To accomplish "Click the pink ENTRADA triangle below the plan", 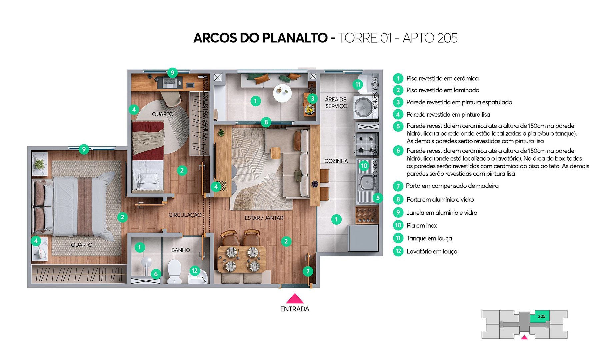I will pos(295,299).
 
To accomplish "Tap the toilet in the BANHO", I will pos(174,271).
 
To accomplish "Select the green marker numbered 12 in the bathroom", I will pos(195,271).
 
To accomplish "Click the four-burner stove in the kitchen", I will pos(366,144).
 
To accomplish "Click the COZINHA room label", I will pos(336,161).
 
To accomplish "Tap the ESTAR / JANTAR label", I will pos(264,218).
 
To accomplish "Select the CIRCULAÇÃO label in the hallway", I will pos(185,215).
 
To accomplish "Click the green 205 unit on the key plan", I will pos(542,316).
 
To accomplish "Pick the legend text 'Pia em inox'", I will pos(422,226).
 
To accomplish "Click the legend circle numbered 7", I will pos(398,186).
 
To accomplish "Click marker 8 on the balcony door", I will pos(266,122).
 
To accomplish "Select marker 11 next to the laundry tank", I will pos(358,84).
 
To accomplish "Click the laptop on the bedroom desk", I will pos(171,82).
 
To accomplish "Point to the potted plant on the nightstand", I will pos(39,164).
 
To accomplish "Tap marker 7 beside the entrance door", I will pos(308,271).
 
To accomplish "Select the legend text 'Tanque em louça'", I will pos(429,238).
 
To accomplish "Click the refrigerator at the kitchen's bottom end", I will pos(363,238).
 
